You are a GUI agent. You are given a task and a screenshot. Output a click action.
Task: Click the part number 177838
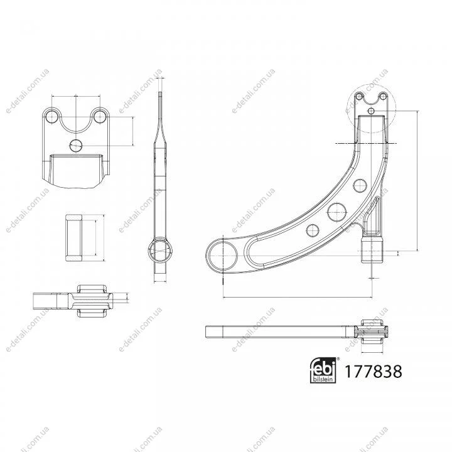(373, 371)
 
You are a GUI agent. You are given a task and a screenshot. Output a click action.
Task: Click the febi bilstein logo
(323, 370)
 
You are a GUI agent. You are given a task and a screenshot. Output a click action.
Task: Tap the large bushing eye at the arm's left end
(223, 256)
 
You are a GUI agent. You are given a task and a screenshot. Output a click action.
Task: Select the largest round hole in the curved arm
(336, 212)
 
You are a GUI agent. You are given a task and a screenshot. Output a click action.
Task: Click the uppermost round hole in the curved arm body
(360, 185)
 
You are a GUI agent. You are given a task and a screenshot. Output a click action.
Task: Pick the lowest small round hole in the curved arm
(313, 230)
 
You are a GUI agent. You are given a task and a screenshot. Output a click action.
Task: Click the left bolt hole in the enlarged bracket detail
(52, 116)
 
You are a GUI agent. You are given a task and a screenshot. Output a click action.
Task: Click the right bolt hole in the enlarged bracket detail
(100, 116)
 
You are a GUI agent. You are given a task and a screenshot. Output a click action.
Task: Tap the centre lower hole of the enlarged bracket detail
(76, 145)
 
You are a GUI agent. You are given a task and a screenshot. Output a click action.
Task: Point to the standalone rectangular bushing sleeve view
(74, 238)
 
